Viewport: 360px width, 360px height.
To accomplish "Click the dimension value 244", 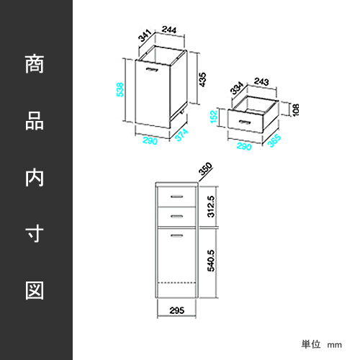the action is [x=169, y=30].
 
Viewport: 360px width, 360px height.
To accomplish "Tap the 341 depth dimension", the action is [x=145, y=35].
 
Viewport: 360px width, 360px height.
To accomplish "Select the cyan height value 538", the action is [x=120, y=89].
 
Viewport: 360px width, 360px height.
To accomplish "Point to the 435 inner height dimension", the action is [x=202, y=80].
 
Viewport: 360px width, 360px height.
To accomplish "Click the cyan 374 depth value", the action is [x=181, y=135].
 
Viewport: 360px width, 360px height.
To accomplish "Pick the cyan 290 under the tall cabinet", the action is [x=150, y=140].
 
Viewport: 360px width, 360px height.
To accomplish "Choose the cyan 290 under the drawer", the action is [x=244, y=146].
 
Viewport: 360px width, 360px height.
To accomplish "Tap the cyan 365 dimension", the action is [x=274, y=140].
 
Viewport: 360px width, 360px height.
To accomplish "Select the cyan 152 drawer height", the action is [x=214, y=117].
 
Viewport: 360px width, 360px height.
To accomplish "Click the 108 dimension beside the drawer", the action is [x=296, y=110].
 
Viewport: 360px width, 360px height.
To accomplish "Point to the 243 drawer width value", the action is [x=261, y=81].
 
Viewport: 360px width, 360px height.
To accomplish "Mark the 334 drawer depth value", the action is [x=237, y=88].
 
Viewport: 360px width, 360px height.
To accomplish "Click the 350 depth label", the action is [x=205, y=168].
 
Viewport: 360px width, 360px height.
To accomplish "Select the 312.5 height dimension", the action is [x=211, y=207].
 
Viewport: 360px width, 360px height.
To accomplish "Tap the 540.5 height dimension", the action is [x=211, y=261].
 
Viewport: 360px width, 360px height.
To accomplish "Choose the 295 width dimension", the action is [x=177, y=310].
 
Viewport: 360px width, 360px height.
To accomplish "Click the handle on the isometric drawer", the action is [x=245, y=122].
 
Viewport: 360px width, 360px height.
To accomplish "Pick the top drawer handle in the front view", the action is [x=176, y=197].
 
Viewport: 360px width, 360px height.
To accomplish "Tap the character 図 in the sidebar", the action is [x=35, y=290].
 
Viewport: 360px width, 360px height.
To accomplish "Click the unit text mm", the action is [x=335, y=345].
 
